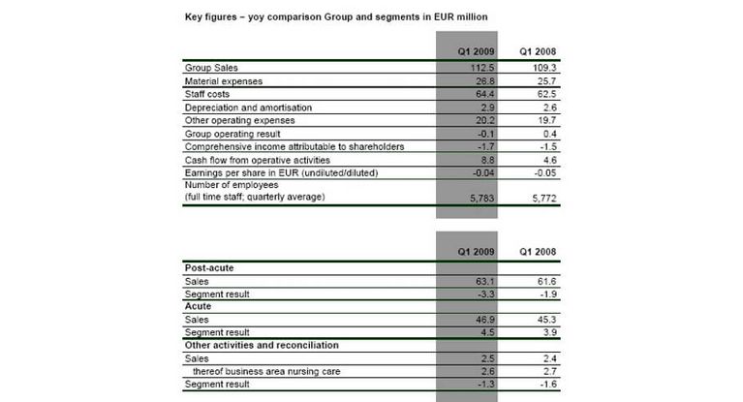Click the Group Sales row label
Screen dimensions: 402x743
(x=210, y=69)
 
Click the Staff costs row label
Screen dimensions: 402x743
(x=207, y=95)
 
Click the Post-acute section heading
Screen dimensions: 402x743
(x=208, y=267)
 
